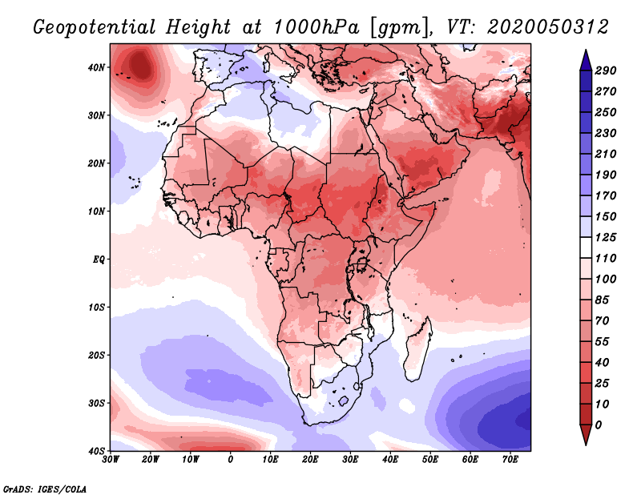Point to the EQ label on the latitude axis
[98, 260]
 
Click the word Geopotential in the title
[101, 27]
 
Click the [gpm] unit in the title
[395, 27]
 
